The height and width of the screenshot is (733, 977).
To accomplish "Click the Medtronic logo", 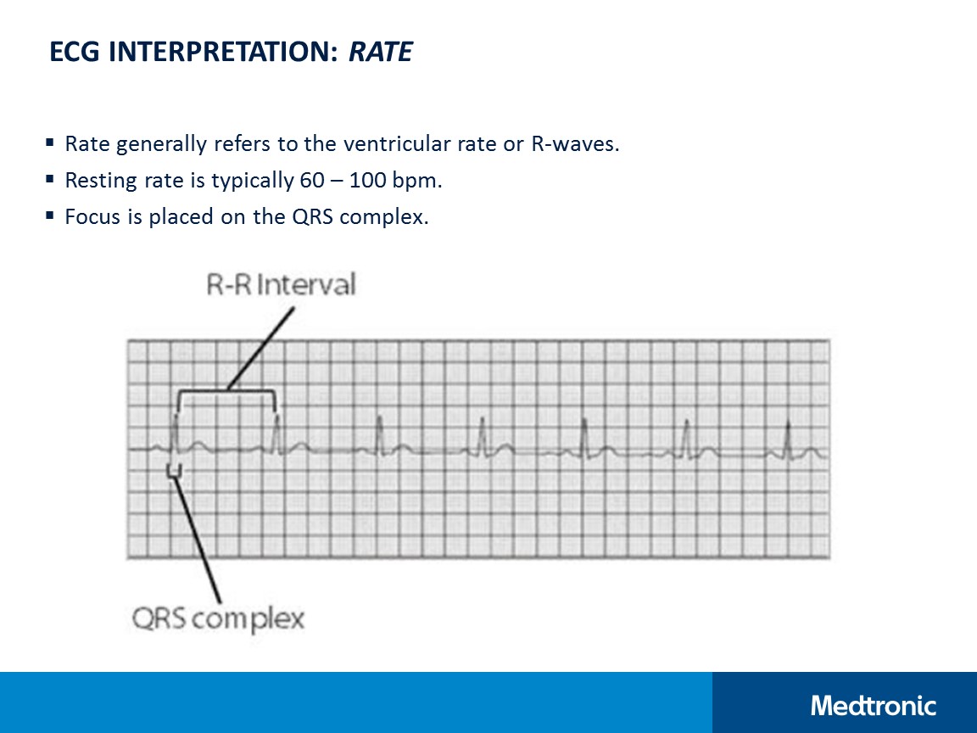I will click(874, 705).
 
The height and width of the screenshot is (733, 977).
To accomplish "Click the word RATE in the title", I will click(381, 53).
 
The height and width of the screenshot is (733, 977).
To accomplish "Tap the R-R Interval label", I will click(281, 284).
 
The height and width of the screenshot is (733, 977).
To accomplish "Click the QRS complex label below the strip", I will click(218, 618).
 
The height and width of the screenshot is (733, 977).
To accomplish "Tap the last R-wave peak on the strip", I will click(788, 422).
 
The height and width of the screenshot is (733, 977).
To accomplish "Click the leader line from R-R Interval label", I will click(261, 348).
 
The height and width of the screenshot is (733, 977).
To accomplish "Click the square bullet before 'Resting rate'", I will click(50, 180).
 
